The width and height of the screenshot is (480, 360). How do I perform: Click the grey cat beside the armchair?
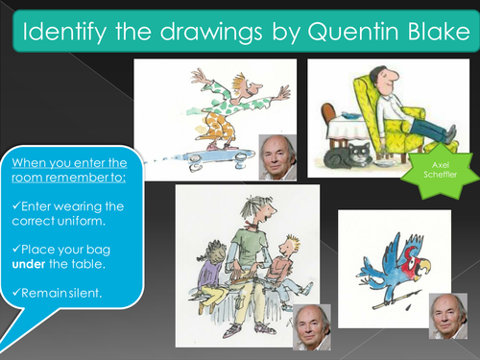(349, 156)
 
